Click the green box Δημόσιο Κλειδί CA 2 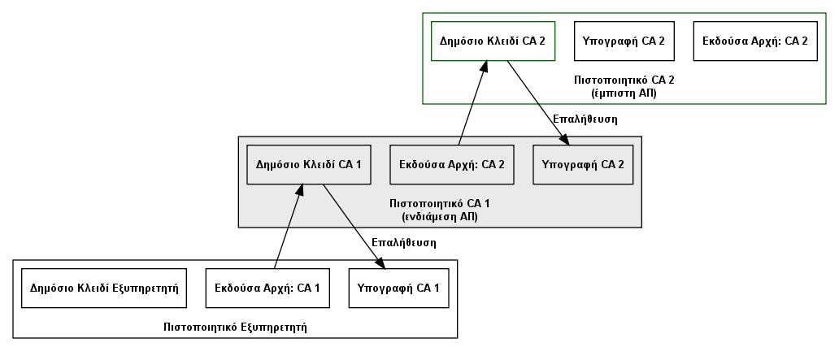[493, 41]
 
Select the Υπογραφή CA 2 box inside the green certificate [624, 41]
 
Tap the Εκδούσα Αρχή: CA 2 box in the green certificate [755, 41]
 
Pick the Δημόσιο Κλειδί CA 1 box [309, 165]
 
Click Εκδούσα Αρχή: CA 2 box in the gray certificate [451, 165]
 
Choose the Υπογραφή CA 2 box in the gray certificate [583, 165]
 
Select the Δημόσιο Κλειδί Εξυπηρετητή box [104, 288]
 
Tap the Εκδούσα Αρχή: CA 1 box [267, 288]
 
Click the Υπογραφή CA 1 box [398, 288]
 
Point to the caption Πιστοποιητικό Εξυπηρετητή [236, 327]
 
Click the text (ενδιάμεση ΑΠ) [439, 217]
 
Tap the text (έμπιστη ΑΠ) [624, 93]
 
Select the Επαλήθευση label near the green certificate [585, 119]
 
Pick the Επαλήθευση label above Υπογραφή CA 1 [404, 242]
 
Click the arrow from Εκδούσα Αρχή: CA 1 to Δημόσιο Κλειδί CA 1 [289, 226]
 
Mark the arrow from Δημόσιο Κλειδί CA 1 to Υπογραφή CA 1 [354, 226]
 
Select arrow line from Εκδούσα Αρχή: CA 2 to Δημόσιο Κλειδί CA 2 [473, 102]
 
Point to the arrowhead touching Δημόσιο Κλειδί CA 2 [485, 67]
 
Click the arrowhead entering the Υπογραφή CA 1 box [380, 262]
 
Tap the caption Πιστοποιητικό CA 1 [439, 204]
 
